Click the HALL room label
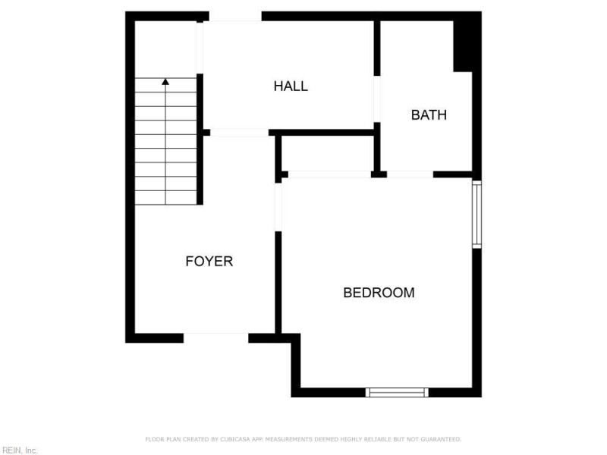(291, 86)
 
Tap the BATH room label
(429, 115)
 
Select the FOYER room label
(209, 262)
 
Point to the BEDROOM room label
(379, 293)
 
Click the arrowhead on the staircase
(165, 80)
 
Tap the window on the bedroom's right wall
(476, 214)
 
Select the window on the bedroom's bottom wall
(397, 392)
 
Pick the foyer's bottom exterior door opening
(215, 337)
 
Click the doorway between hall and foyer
(239, 133)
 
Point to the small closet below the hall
(327, 155)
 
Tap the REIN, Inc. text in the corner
(19, 450)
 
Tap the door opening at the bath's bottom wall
(410, 175)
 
